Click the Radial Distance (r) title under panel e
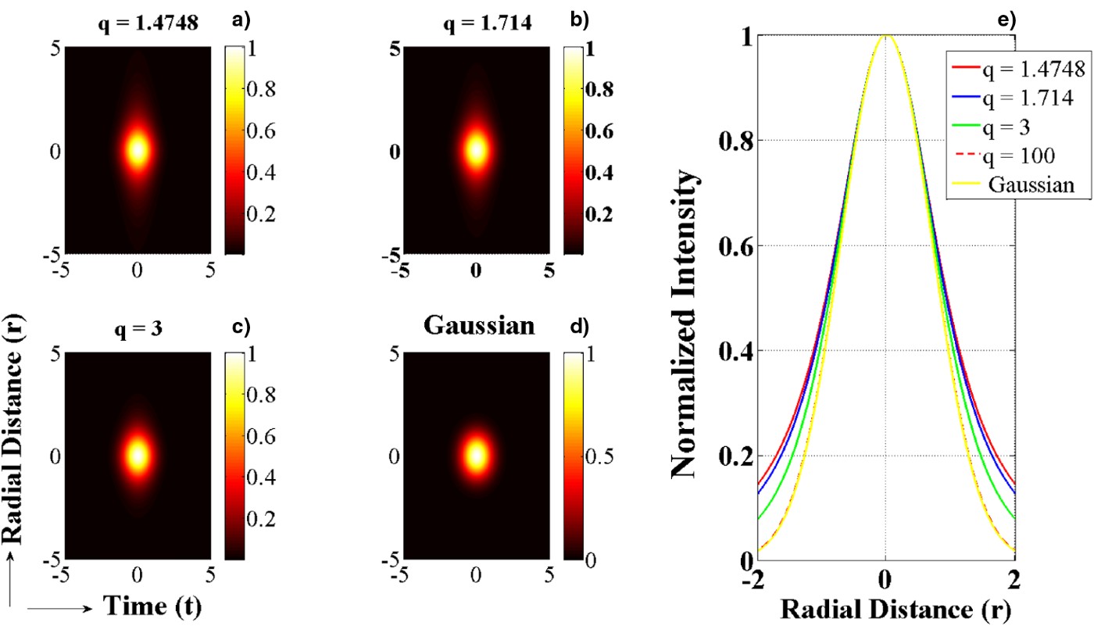[x=886, y=607]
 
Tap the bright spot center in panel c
[x=138, y=456]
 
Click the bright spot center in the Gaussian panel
[x=476, y=456]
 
